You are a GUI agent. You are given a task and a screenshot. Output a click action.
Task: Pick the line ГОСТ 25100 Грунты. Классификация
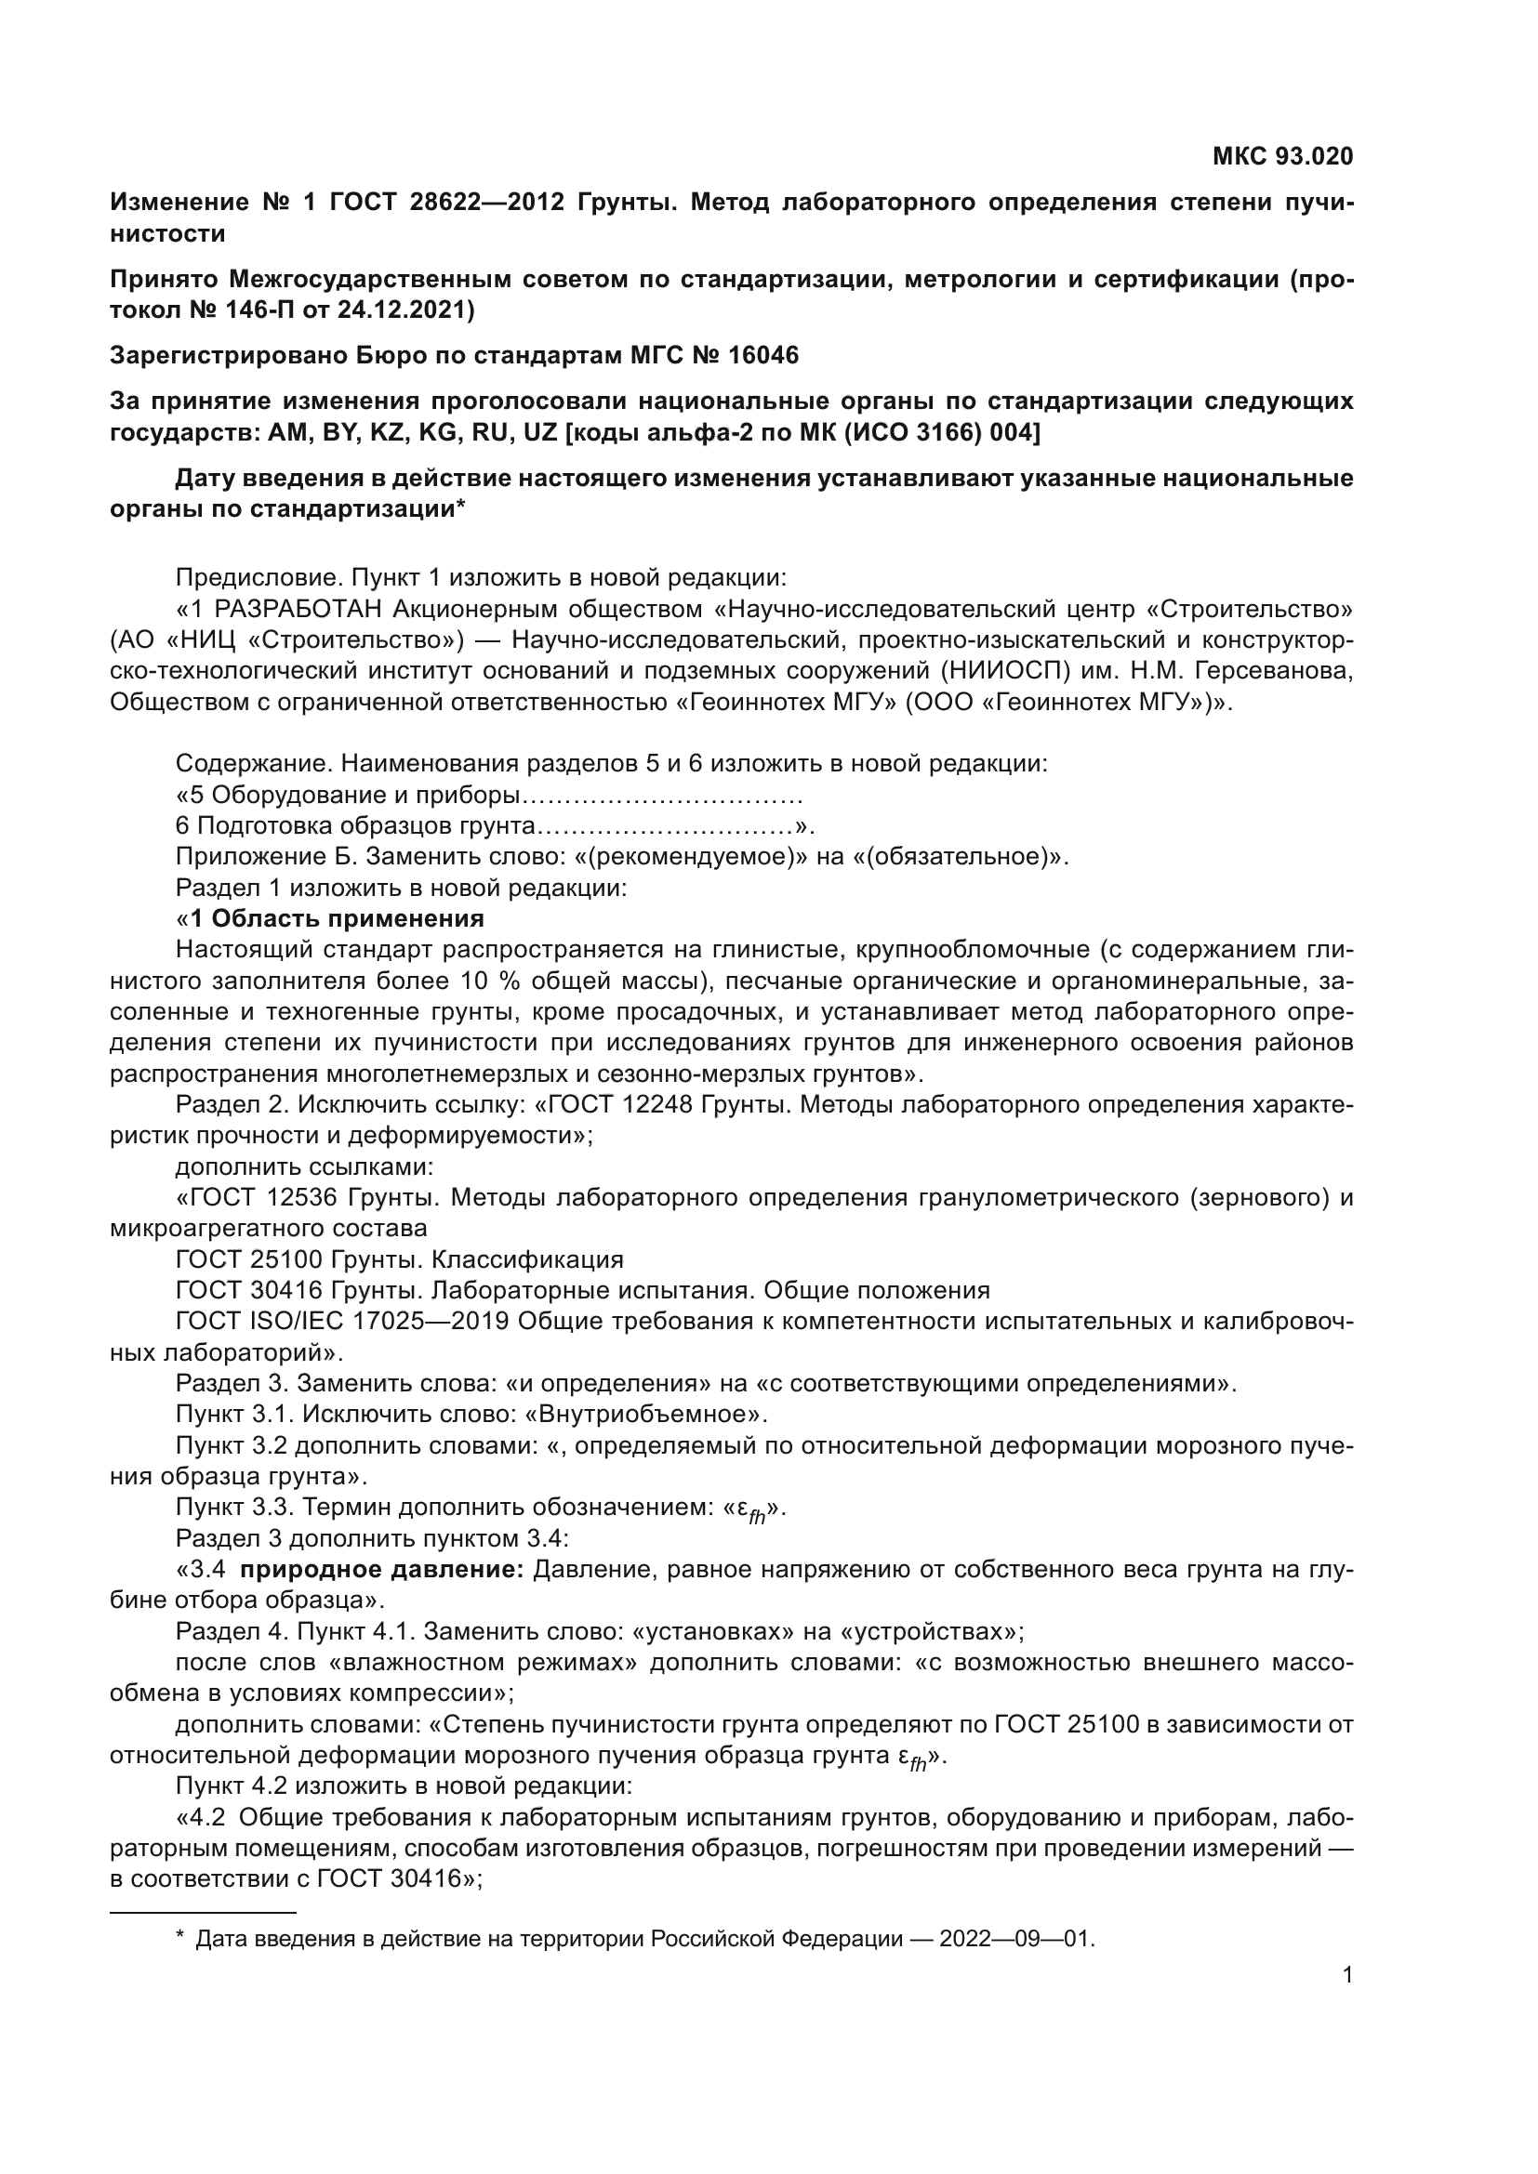coord(400,1260)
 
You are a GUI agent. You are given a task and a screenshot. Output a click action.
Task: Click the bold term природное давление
coord(381,1570)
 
